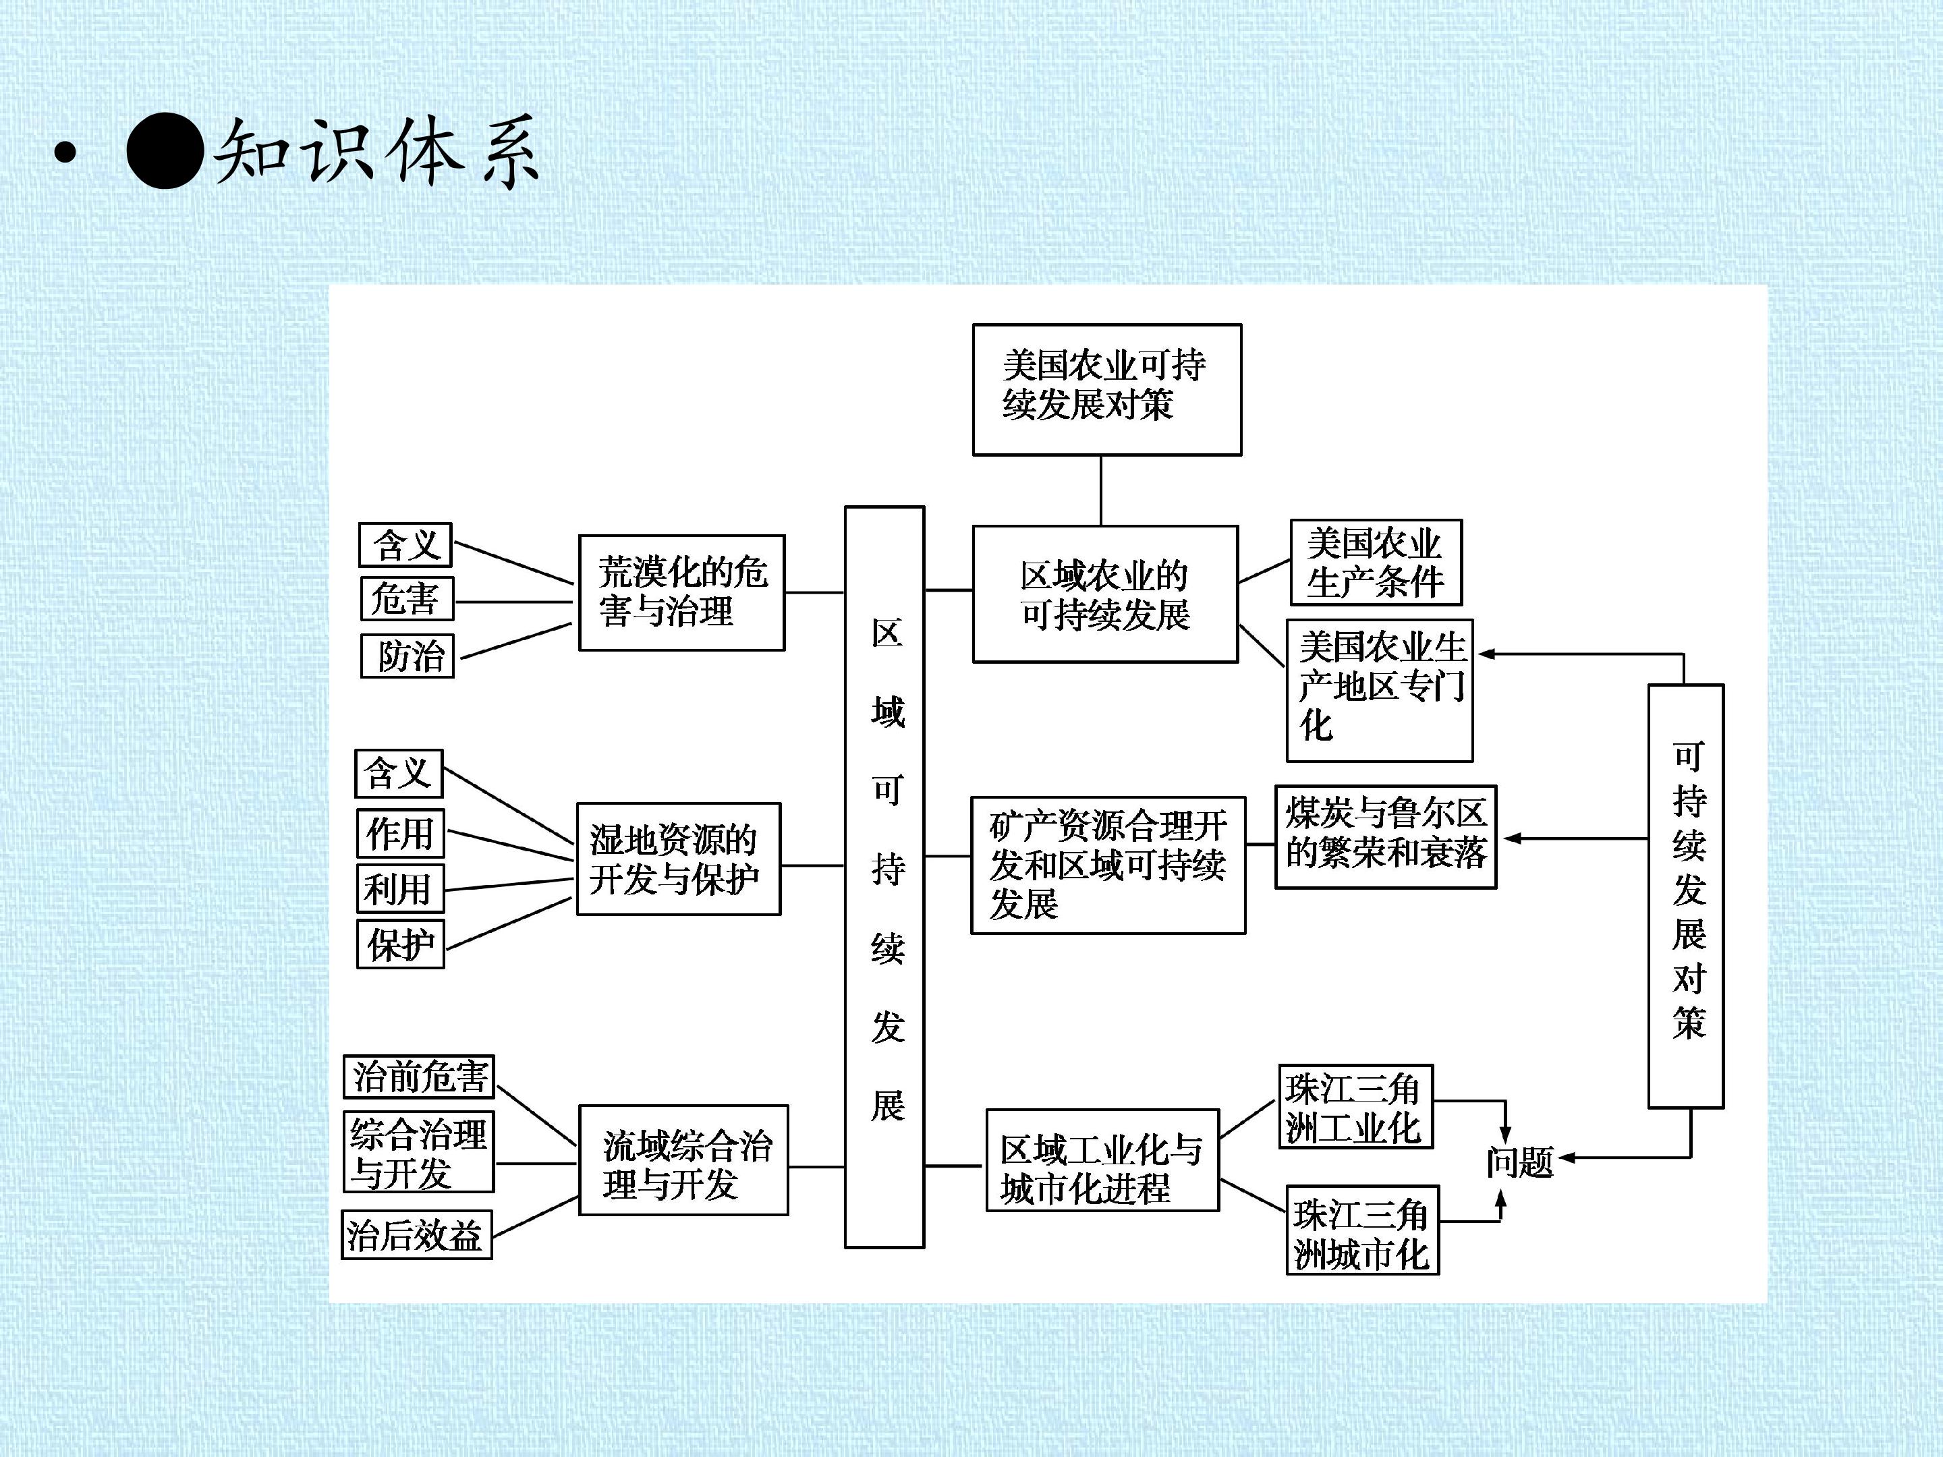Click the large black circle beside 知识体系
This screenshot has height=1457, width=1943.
pyautogui.click(x=165, y=152)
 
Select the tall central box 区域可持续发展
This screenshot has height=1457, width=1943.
pyautogui.click(x=884, y=876)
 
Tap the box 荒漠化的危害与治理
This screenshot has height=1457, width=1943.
pyautogui.click(x=681, y=593)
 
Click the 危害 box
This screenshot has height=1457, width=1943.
pyautogui.click(x=407, y=599)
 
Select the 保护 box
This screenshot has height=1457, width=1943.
pyautogui.click(x=401, y=945)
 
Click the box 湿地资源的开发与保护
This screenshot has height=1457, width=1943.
pyautogui.click(x=678, y=859)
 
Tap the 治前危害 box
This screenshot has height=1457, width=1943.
pyautogui.click(x=419, y=1077)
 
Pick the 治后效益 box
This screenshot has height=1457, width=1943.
pyautogui.click(x=416, y=1235)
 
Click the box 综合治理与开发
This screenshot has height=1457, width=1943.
pyautogui.click(x=418, y=1152)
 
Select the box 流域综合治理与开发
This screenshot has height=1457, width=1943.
pyautogui.click(x=683, y=1160)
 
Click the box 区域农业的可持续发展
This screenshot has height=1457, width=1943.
pyautogui.click(x=1105, y=594)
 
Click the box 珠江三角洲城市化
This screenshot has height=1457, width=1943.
pyautogui.click(x=1361, y=1230)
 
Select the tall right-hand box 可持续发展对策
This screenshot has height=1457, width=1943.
pyautogui.click(x=1686, y=896)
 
